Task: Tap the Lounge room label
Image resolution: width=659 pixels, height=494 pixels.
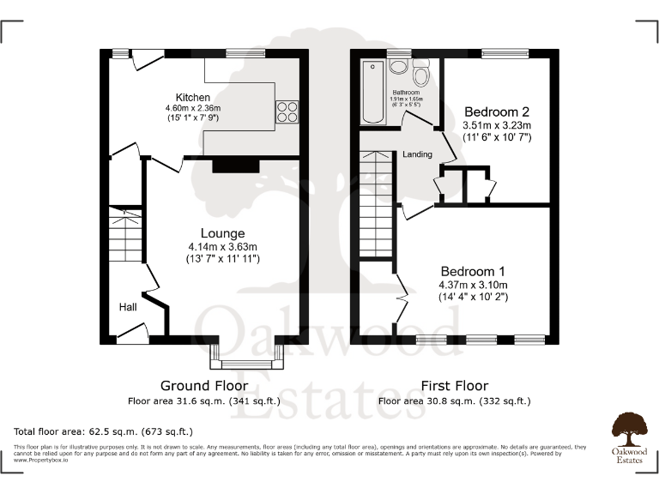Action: point(222,233)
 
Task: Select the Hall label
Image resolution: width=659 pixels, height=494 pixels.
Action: point(128,306)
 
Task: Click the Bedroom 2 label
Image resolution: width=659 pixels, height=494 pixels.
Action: point(497,111)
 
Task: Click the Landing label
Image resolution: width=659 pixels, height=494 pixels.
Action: point(418,155)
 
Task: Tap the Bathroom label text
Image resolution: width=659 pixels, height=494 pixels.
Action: point(406,92)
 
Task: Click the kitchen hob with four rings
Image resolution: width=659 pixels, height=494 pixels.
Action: point(286,112)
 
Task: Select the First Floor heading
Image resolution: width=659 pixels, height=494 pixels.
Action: point(455,386)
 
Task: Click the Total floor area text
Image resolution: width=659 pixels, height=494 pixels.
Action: point(103,431)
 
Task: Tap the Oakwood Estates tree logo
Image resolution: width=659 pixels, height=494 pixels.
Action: point(629,427)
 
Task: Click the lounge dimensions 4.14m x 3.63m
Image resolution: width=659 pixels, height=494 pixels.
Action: point(222,245)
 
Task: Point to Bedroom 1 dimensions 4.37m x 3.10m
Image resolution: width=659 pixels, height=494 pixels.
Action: point(473,285)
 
